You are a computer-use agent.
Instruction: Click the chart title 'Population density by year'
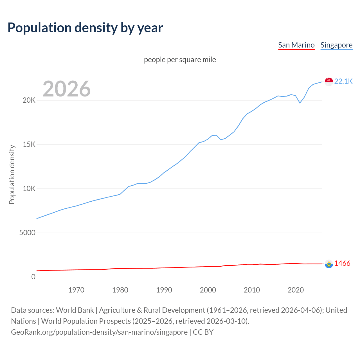pos(85,28)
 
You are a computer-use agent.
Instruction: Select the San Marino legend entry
pos(296,45)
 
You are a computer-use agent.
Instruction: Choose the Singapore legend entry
pos(336,45)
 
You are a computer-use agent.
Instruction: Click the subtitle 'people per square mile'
pos(180,60)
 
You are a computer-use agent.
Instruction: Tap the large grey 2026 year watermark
pos(67,89)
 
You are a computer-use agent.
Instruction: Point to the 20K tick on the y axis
pos(29,100)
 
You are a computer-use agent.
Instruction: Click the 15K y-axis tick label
pos(29,145)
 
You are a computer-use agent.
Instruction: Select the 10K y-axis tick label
pos(29,189)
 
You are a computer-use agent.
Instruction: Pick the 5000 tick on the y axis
pos(27,233)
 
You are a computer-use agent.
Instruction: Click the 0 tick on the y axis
pos(33,277)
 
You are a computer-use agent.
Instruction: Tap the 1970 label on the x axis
pos(76,290)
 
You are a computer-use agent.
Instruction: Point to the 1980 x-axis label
pos(120,290)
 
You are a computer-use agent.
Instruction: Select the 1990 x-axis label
pos(164,290)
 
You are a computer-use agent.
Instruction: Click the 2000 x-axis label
pos(208,290)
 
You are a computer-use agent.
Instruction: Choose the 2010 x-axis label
pos(252,290)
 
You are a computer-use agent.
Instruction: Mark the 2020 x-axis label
pos(296,290)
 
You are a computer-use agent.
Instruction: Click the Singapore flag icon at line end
pos(329,82)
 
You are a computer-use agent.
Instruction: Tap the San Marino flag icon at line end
pos(329,264)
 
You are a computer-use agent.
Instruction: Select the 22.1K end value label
pos(343,82)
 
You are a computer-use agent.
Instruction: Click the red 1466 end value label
pos(342,264)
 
